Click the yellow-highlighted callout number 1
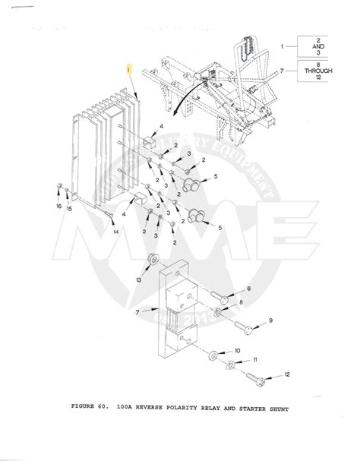click(x=130, y=68)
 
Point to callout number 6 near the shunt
click(x=248, y=289)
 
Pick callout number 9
click(x=270, y=321)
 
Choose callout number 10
click(x=237, y=350)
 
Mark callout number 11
click(x=256, y=359)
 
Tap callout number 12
click(x=287, y=375)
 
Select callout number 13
click(x=137, y=279)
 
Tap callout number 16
click(x=59, y=207)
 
